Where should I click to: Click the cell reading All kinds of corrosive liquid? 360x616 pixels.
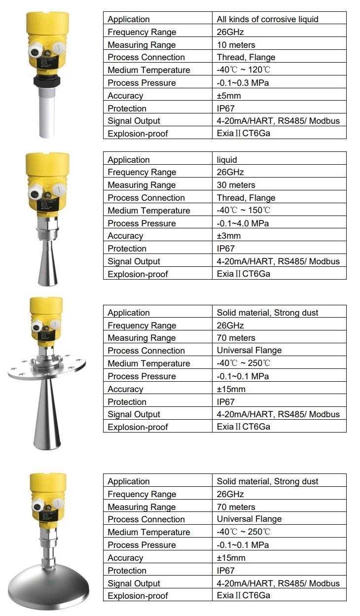[x=267, y=19]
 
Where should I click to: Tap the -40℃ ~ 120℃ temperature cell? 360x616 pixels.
[x=244, y=70]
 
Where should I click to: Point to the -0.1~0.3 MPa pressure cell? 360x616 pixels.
[x=243, y=82]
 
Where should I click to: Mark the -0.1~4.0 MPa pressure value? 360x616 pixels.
[x=243, y=223]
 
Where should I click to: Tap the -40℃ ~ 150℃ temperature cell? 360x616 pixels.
[x=244, y=211]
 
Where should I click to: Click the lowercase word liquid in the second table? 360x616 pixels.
[x=227, y=160]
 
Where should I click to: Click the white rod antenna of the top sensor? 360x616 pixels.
[x=47, y=113]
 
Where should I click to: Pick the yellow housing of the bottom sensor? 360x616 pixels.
[x=47, y=493]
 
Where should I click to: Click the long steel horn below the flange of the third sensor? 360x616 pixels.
[x=47, y=414]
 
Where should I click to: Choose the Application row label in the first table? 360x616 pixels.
[x=129, y=19]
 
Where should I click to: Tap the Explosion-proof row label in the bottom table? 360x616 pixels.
[x=138, y=596]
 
